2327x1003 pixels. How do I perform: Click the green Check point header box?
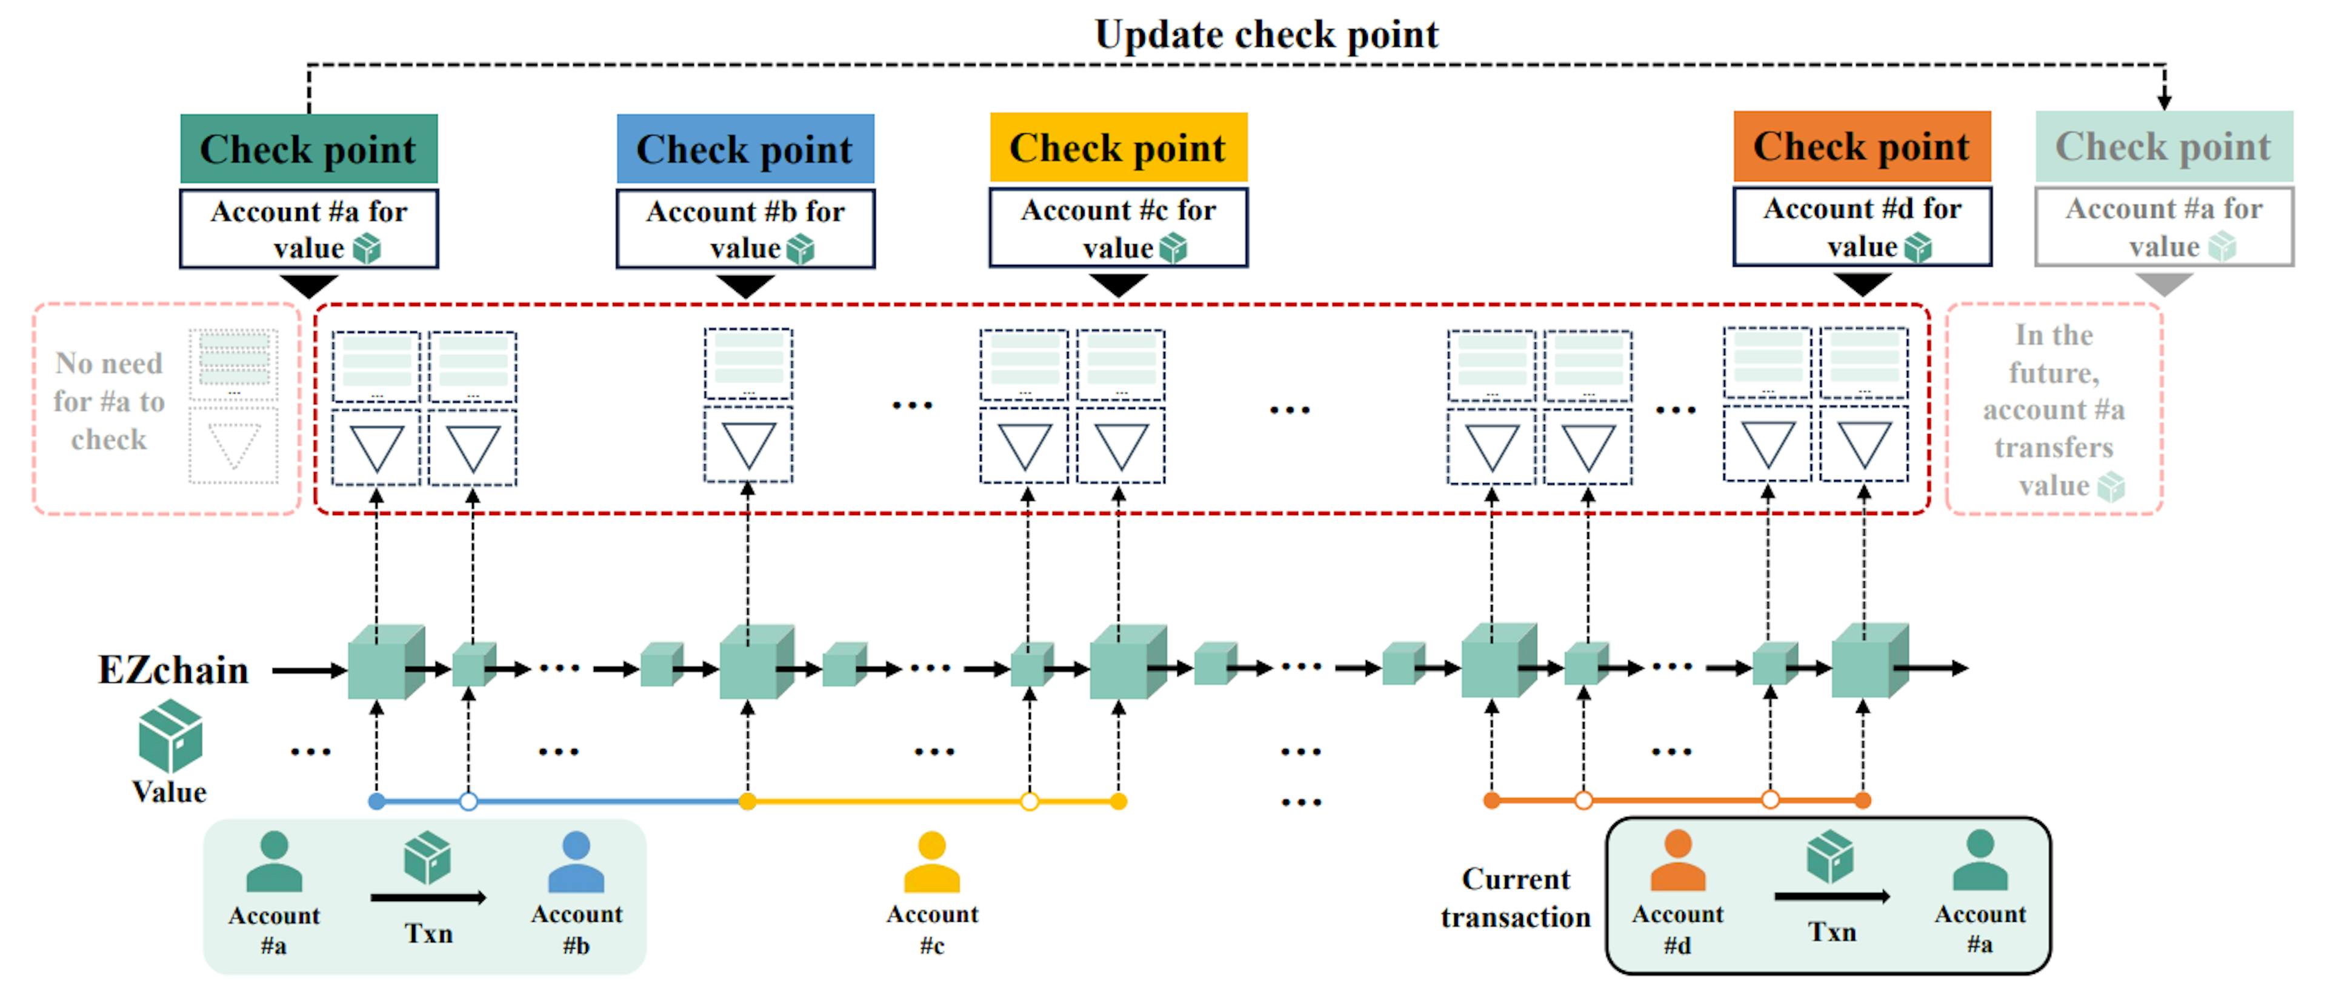309,149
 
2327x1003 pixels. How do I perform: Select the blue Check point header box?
745,149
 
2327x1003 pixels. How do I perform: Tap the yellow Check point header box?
1118,147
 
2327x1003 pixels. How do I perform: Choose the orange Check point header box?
1862,147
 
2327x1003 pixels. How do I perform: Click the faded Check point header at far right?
2163,147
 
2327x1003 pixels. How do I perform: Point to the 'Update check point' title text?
1267,35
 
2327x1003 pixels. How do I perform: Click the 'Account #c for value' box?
1118,228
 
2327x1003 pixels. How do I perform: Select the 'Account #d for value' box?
1862,227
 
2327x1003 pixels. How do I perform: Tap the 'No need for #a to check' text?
109,401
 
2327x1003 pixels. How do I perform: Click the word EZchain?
173,670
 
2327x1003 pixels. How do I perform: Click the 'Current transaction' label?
1516,898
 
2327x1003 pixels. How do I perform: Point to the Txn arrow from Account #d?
1832,896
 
